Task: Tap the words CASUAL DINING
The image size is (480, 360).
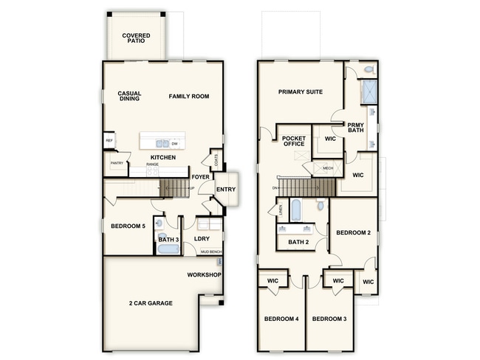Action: coord(129,96)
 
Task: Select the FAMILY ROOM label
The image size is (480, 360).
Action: coord(189,96)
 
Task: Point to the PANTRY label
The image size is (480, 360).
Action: coord(116,163)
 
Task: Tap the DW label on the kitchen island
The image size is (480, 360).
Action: coord(175,144)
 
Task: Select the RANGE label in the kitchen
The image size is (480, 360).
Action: coord(153,165)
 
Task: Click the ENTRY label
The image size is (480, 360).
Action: coord(225,190)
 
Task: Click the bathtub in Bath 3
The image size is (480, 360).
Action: coord(168,249)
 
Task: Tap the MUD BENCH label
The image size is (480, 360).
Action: coord(211,252)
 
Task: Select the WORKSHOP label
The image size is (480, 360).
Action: coord(205,274)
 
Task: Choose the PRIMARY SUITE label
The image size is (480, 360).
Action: coord(301,92)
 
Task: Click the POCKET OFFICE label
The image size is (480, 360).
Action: coord(294,140)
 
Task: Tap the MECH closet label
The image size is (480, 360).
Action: coord(327,168)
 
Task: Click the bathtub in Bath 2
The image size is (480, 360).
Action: coord(295,212)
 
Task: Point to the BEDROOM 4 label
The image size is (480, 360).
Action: coord(281,319)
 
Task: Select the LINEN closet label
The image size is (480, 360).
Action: coord(281,210)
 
